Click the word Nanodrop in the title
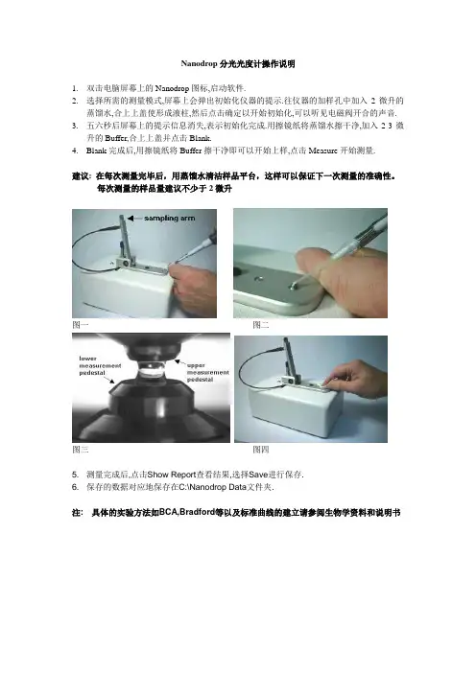click(199, 64)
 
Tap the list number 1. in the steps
click(75, 89)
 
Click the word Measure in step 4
click(322, 151)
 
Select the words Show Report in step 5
click(172, 475)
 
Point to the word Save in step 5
click(258, 475)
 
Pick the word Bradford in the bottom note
click(197, 512)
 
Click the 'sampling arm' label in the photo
click(169, 218)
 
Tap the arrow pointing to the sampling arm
click(134, 218)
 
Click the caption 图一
click(81, 325)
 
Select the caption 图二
click(261, 325)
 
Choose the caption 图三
click(81, 450)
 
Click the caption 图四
click(261, 450)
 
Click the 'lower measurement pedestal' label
click(100, 365)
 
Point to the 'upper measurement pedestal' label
click(207, 373)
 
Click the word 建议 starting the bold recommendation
click(81, 176)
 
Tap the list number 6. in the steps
click(75, 487)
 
